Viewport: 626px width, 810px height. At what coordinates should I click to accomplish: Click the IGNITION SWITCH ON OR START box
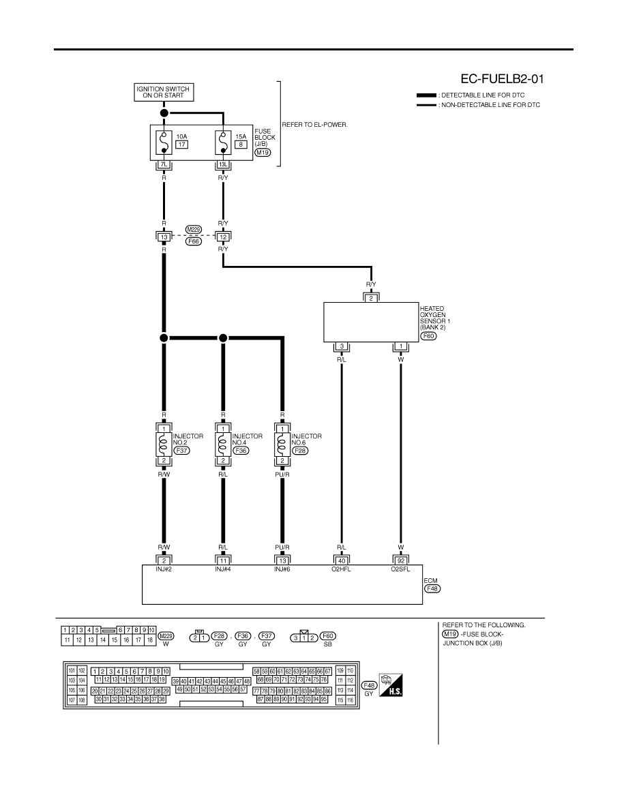163,92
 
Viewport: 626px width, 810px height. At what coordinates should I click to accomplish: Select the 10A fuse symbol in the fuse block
164,142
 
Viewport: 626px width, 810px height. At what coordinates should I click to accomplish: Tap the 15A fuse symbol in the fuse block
223,142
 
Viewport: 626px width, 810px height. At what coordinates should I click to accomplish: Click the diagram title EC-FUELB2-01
502,78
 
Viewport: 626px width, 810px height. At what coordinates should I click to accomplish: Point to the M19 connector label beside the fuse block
263,153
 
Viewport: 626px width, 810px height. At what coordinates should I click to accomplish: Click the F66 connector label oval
194,241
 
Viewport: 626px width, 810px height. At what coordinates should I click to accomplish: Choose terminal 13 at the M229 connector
164,237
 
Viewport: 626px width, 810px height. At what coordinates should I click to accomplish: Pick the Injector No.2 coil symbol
164,445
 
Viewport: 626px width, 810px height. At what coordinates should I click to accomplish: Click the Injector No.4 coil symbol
223,445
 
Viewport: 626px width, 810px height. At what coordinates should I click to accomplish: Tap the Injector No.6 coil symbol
282,445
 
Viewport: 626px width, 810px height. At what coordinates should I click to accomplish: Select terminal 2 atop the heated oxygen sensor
371,299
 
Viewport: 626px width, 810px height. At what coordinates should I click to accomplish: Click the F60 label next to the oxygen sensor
428,335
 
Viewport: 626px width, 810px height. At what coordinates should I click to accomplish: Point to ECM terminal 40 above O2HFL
342,560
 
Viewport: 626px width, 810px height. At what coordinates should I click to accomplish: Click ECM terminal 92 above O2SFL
401,560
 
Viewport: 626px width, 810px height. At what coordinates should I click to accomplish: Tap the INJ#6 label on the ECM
282,569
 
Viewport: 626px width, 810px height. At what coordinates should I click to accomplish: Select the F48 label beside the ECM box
432,588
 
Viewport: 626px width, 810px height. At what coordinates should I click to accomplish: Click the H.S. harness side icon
391,685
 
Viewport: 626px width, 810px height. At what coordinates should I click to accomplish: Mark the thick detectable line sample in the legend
426,95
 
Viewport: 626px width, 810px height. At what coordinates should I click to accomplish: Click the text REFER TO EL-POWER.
314,125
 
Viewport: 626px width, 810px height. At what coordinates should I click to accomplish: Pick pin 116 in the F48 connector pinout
351,700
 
